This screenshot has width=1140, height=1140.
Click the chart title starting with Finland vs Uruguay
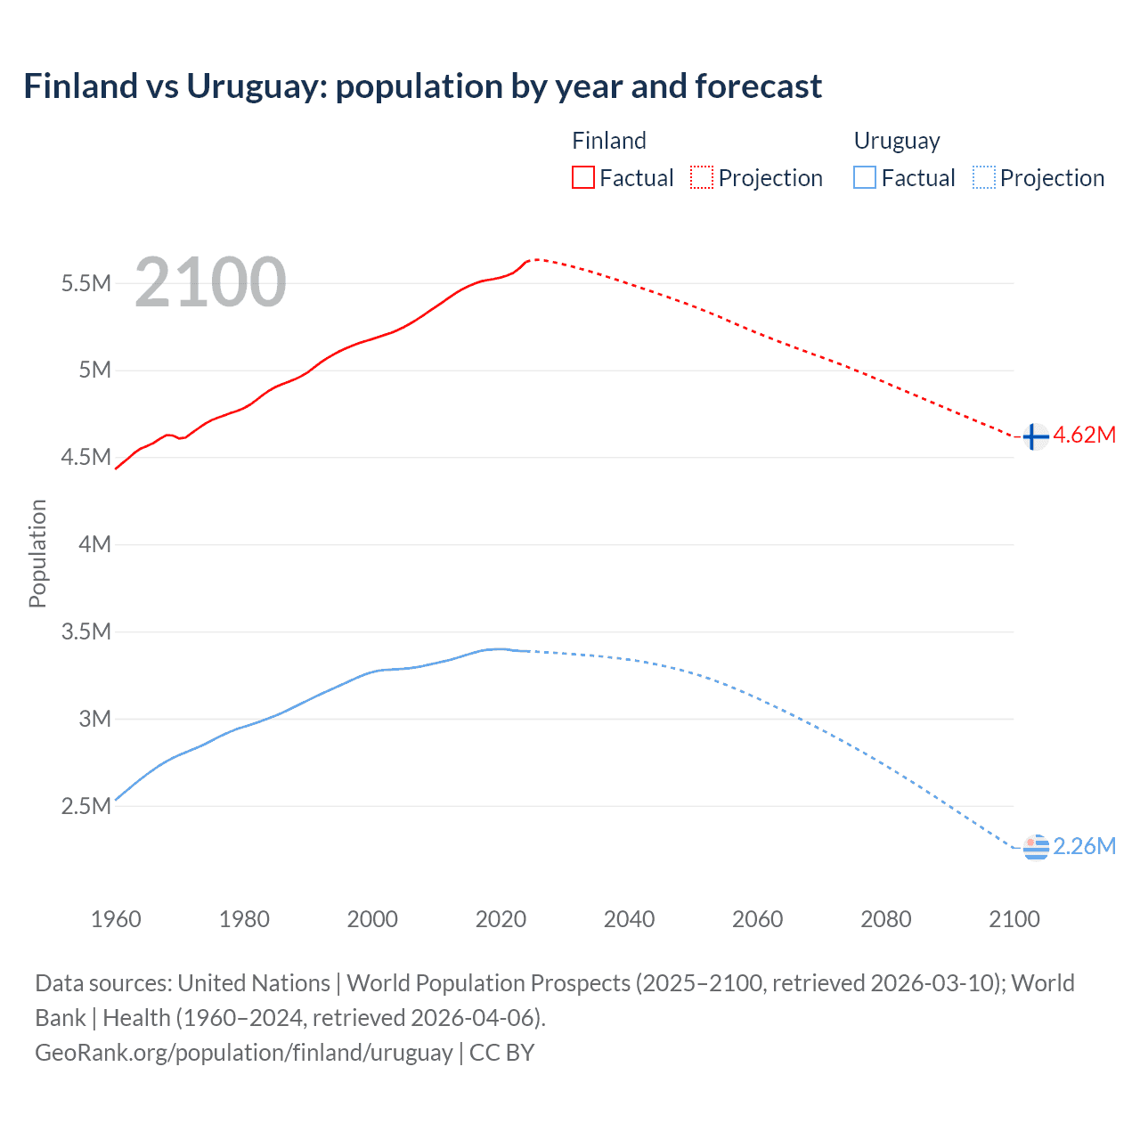click(x=422, y=86)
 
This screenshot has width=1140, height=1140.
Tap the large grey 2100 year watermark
click(x=210, y=282)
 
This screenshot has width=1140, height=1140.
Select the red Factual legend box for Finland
click(x=583, y=177)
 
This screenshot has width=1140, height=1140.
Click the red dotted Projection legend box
click(x=702, y=177)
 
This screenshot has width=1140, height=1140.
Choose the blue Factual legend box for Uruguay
click(x=865, y=177)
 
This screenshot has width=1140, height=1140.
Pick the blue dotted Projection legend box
click(x=984, y=177)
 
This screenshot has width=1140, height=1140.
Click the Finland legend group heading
click(x=608, y=141)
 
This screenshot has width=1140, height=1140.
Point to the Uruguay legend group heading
click(x=896, y=141)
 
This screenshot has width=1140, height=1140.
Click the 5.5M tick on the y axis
click(x=86, y=283)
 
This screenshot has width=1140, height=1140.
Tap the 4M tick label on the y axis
click(x=94, y=544)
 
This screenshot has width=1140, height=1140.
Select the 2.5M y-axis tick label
click(x=86, y=806)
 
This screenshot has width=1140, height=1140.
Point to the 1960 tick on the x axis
click(x=116, y=919)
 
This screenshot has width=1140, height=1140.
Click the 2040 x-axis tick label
click(x=629, y=919)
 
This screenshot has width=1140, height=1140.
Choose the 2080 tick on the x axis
click(x=885, y=919)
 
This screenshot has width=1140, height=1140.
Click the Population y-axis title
click(x=37, y=553)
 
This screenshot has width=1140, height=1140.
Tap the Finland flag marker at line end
click(x=1034, y=436)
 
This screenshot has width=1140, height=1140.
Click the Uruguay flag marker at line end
click(x=1036, y=848)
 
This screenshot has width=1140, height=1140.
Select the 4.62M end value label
click(x=1084, y=435)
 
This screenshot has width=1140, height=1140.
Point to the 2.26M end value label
click(x=1084, y=846)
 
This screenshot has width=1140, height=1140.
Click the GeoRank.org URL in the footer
click(x=243, y=1052)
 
